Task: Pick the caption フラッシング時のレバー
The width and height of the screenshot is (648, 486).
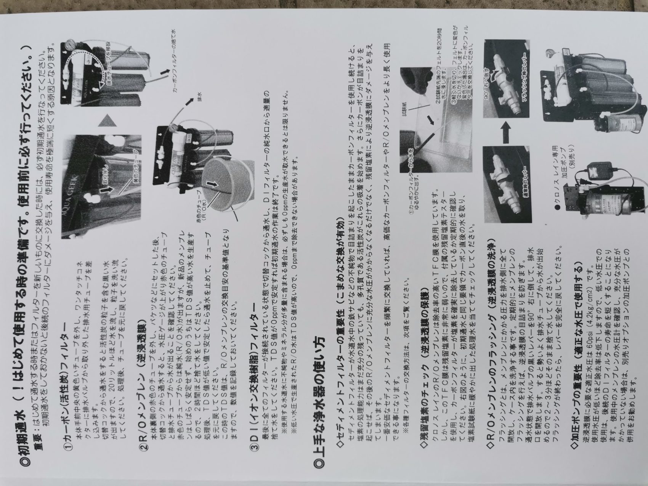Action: pos(522,84)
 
